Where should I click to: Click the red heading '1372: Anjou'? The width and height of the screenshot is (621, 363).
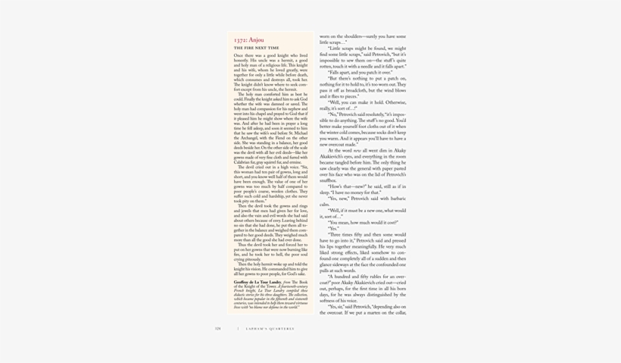pyautogui.click(x=248, y=40)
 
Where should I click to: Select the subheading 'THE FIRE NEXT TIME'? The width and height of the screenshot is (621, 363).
pyautogui.click(x=256, y=48)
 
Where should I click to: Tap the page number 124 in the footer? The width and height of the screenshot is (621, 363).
pyautogui.click(x=218, y=329)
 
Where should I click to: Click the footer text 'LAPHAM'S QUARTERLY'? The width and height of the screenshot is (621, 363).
pyautogui.click(x=270, y=329)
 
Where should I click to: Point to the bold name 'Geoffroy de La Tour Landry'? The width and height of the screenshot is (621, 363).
pyautogui.click(x=257, y=282)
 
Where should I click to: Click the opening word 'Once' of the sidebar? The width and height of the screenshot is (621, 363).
pyautogui.click(x=239, y=55)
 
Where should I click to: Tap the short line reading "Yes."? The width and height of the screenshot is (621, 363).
pyautogui.click(x=333, y=229)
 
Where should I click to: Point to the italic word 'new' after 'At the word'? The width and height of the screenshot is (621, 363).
pyautogui.click(x=357, y=150)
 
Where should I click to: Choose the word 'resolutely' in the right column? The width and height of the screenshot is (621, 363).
pyautogui.click(x=369, y=114)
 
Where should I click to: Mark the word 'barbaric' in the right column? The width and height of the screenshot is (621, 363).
pyautogui.click(x=394, y=199)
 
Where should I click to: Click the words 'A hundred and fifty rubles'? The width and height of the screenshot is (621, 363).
pyautogui.click(x=357, y=277)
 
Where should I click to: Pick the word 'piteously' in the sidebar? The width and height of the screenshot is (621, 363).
pyautogui.click(x=252, y=259)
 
